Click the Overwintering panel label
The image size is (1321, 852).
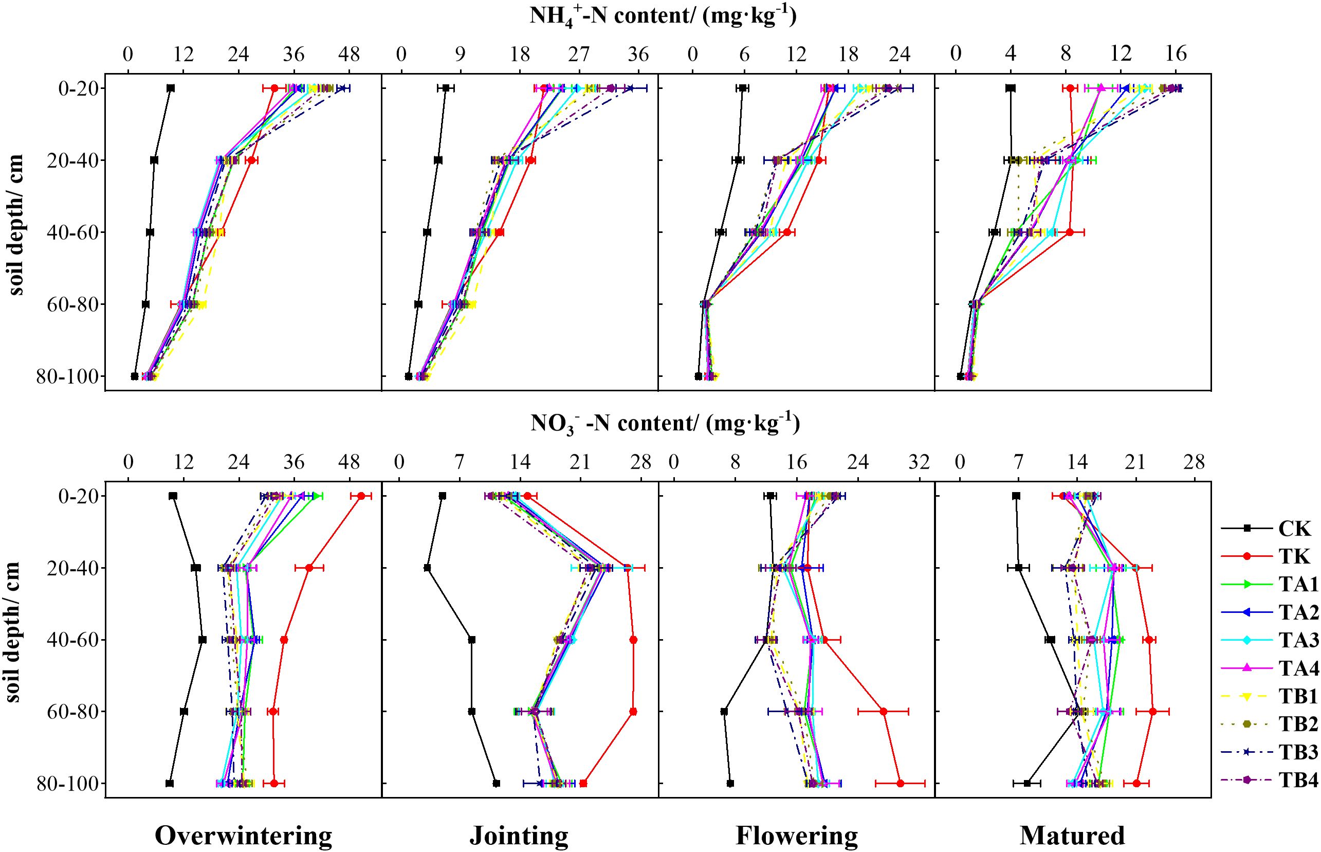coord(243,836)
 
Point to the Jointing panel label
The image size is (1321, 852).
coord(519,836)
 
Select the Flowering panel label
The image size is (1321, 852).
coord(796,836)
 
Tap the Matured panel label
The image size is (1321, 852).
coord(1072,836)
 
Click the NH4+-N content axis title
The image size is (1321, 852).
coord(663,15)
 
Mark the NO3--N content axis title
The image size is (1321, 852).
coord(665,423)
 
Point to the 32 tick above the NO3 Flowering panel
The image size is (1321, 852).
coord(920,461)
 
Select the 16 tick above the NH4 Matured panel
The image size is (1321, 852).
coord(1176,53)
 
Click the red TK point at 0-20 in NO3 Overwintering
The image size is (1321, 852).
coord(361,496)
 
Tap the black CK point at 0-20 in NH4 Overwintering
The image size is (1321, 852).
coord(170,88)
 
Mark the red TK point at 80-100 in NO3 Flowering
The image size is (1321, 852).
coord(900,784)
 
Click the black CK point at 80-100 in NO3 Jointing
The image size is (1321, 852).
coord(496,784)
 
